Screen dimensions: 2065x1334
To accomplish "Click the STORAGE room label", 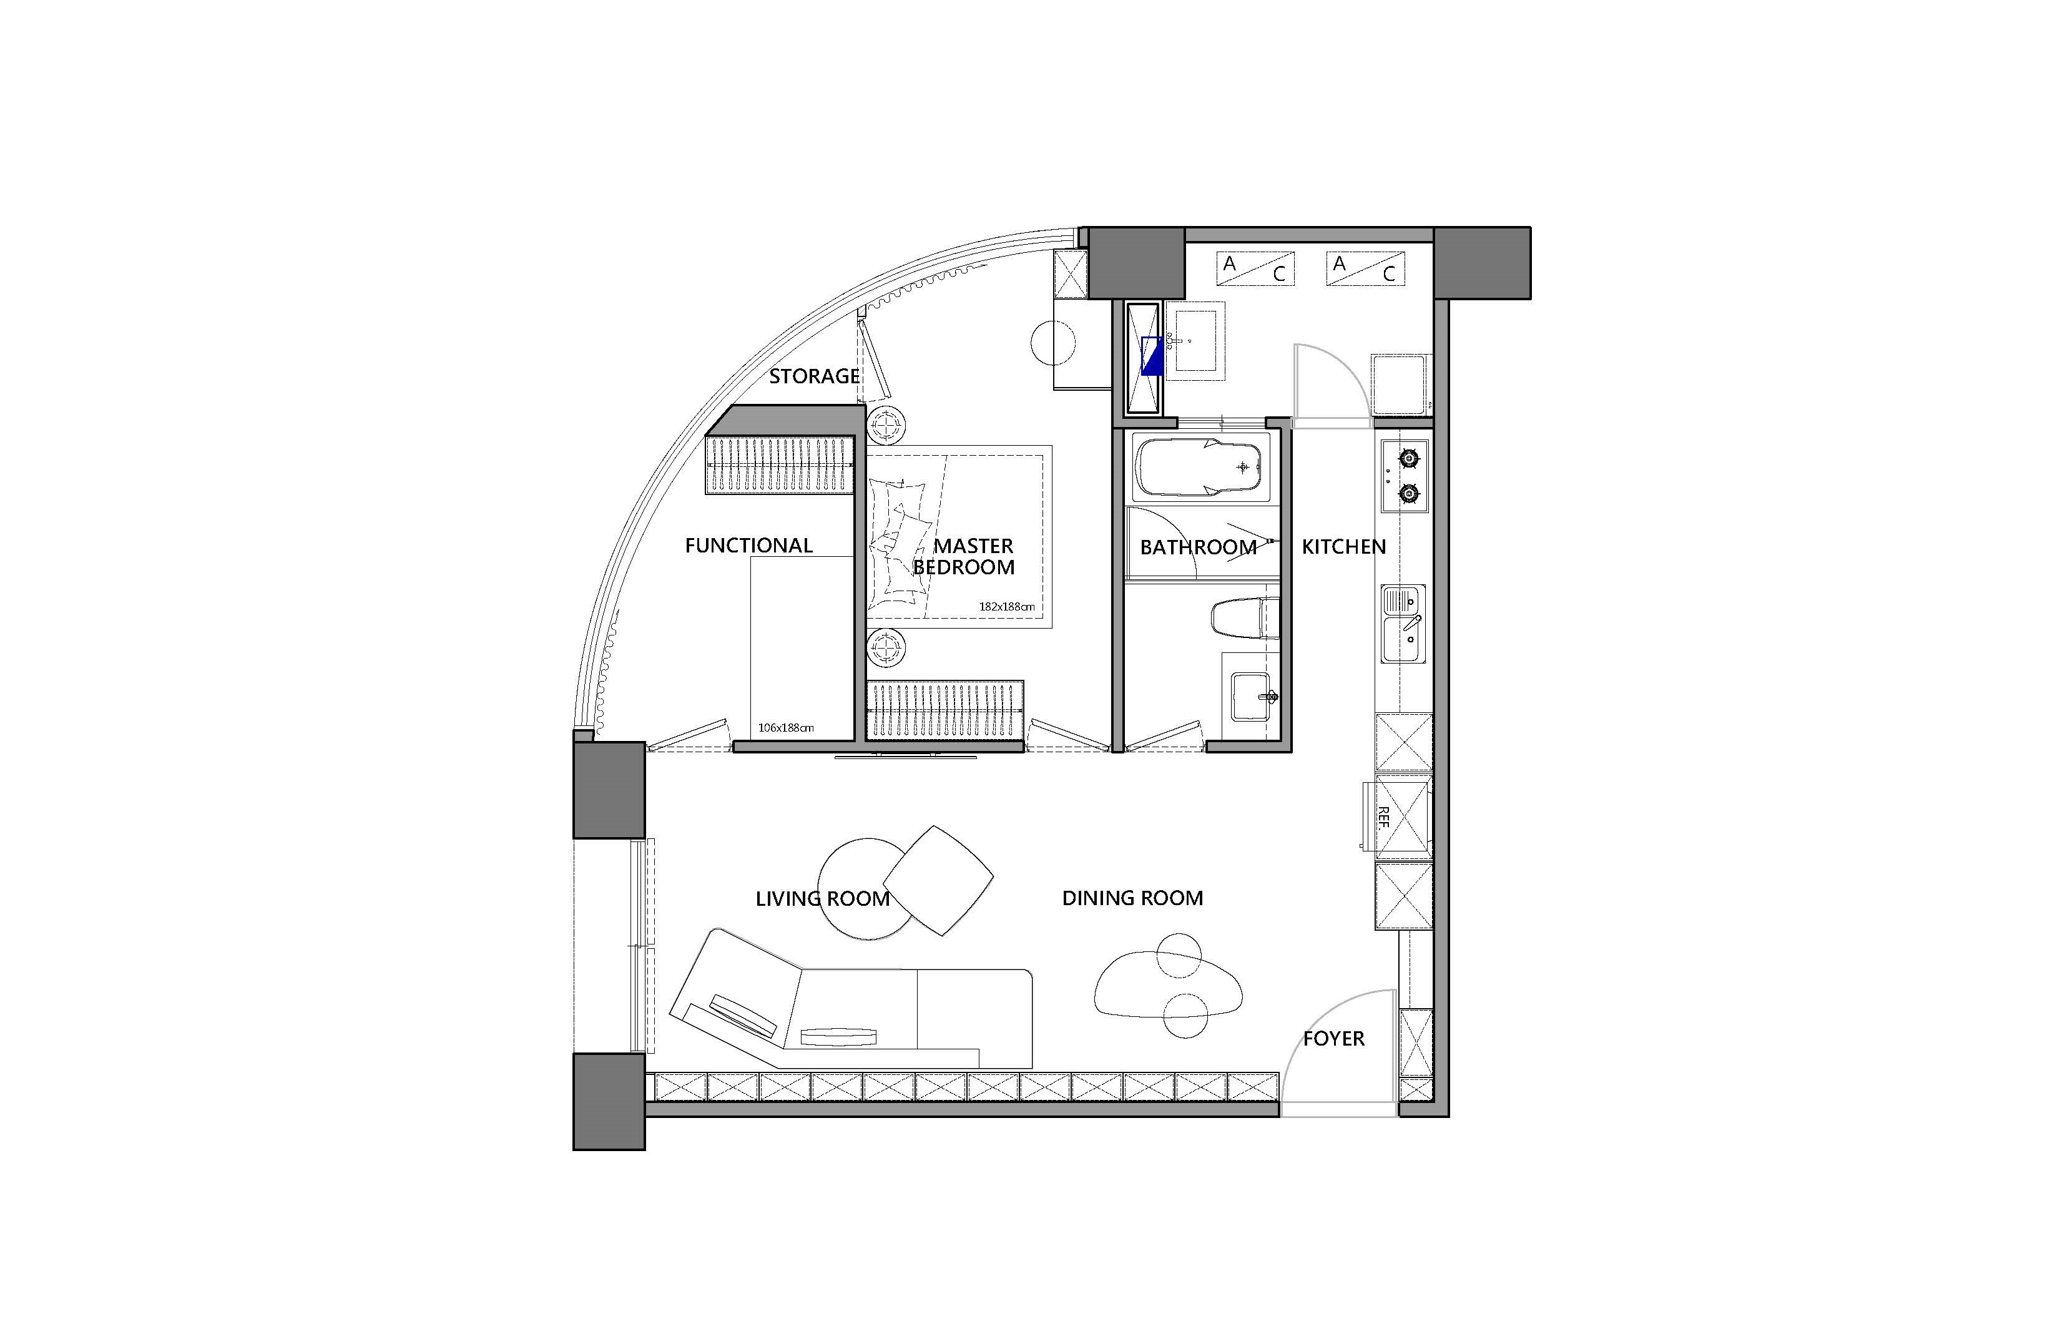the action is [814, 376].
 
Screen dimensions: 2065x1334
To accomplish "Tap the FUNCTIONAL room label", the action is [748, 546].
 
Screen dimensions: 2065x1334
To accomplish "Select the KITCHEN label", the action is [1343, 547].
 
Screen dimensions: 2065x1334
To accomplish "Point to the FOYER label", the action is [1334, 1039].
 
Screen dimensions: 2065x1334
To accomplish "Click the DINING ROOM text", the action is [1132, 898].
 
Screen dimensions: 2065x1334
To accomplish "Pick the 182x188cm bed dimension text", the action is [1006, 606].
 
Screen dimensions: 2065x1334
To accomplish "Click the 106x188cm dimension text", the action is [786, 728].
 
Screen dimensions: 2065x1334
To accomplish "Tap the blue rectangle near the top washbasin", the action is [1153, 355].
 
